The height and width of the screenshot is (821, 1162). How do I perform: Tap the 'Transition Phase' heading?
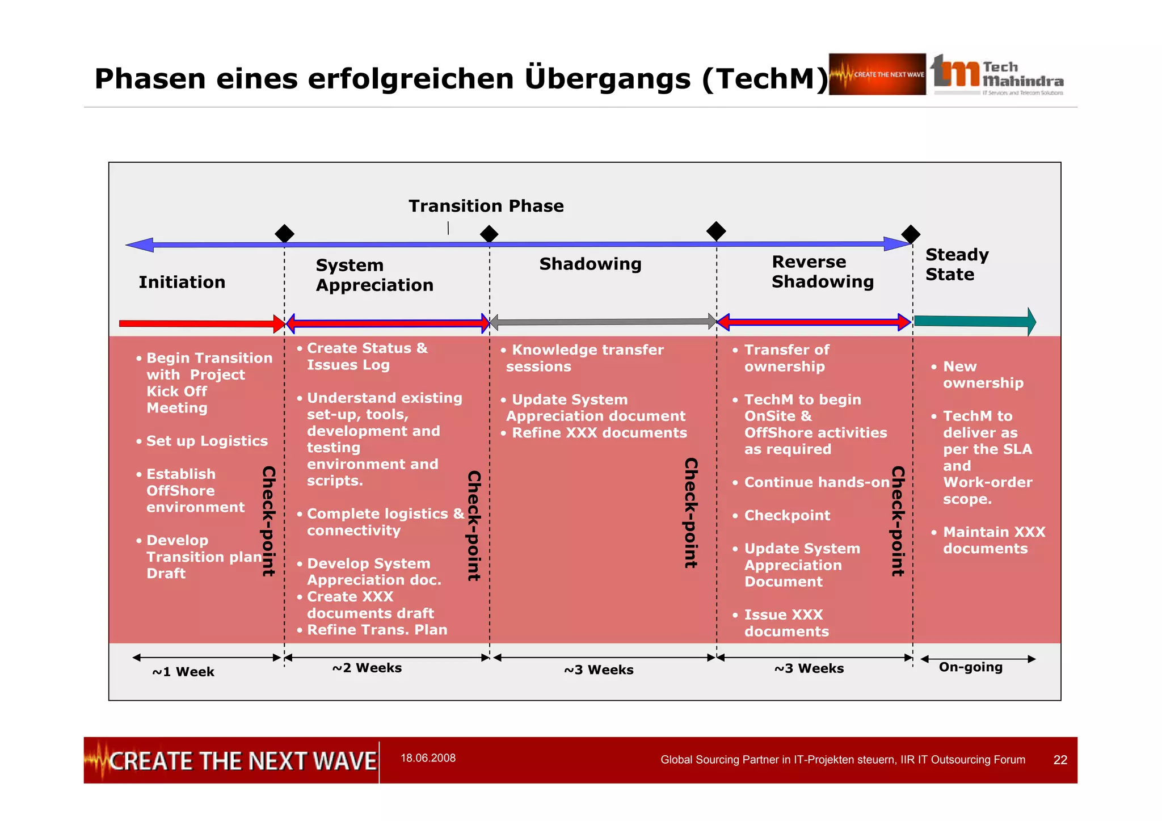tap(486, 206)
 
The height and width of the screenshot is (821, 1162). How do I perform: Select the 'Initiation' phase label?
tap(182, 282)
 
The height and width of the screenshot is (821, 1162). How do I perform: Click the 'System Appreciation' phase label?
tap(374, 275)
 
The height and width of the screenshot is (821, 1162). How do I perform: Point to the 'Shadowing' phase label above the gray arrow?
tap(590, 264)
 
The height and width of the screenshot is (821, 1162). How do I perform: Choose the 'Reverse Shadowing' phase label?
tap(822, 272)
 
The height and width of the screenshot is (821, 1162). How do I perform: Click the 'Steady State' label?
tap(957, 264)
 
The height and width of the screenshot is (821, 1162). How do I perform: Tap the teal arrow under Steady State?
tap(975, 322)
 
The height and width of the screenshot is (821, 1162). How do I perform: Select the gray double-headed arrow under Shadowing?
tap(603, 322)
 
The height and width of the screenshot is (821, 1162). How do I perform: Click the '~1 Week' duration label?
tap(183, 672)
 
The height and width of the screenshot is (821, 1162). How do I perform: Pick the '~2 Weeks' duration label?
tap(367, 668)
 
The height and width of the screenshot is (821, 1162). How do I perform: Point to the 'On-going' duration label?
tap(970, 667)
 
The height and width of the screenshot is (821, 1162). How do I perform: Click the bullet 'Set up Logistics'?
tap(207, 441)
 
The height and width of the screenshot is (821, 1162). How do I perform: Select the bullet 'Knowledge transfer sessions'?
tap(584, 358)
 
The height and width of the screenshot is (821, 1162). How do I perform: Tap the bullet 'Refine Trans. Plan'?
tap(377, 630)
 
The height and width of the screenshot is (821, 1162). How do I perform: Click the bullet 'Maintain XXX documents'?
tap(993, 540)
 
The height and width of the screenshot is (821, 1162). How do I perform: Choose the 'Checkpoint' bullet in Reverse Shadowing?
tap(786, 515)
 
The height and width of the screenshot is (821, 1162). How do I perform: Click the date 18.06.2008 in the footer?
tap(428, 758)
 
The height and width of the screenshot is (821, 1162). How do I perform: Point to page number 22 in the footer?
tap(1060, 760)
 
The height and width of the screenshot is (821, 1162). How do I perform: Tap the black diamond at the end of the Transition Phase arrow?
tap(911, 234)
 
